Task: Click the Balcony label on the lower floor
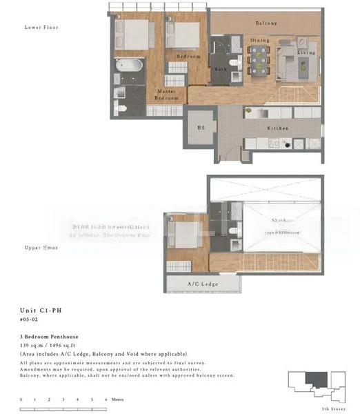click(266, 23)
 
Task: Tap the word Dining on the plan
click(259, 41)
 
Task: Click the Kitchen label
click(277, 128)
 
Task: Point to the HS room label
click(201, 128)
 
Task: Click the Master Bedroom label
click(166, 95)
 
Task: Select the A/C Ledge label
click(203, 285)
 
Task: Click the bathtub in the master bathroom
click(130, 68)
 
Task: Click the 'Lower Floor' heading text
click(41, 28)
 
